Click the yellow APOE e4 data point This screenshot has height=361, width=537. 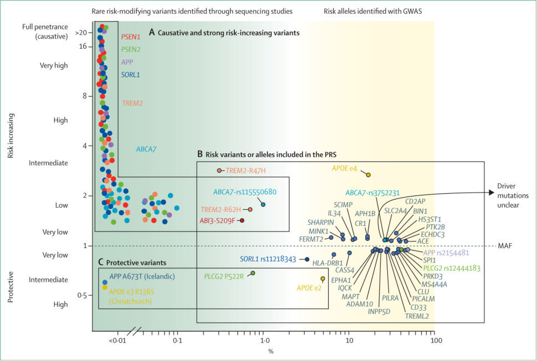click(368, 174)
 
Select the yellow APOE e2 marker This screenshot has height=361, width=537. click(323, 279)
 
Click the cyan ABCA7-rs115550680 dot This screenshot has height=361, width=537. click(263, 204)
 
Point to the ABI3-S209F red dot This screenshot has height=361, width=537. click(242, 220)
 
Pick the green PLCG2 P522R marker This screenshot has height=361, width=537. click(253, 273)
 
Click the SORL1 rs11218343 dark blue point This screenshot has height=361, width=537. click(307, 259)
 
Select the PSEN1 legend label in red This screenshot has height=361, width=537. click(130, 37)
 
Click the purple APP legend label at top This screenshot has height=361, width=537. click(126, 62)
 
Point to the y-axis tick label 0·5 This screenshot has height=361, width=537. click(81, 296)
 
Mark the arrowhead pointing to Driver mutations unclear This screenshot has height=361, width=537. click(492, 193)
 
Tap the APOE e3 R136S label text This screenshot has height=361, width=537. click(130, 291)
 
